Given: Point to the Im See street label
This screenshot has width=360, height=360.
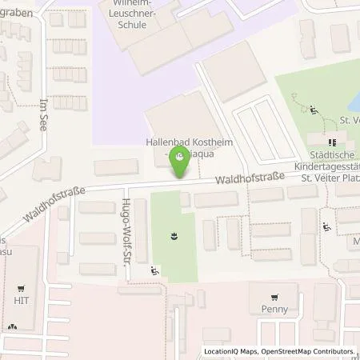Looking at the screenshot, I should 43,117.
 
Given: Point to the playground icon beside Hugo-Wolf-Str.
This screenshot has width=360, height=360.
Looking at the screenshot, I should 154,273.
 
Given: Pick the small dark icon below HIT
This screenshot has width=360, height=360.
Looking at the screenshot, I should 11,327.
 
